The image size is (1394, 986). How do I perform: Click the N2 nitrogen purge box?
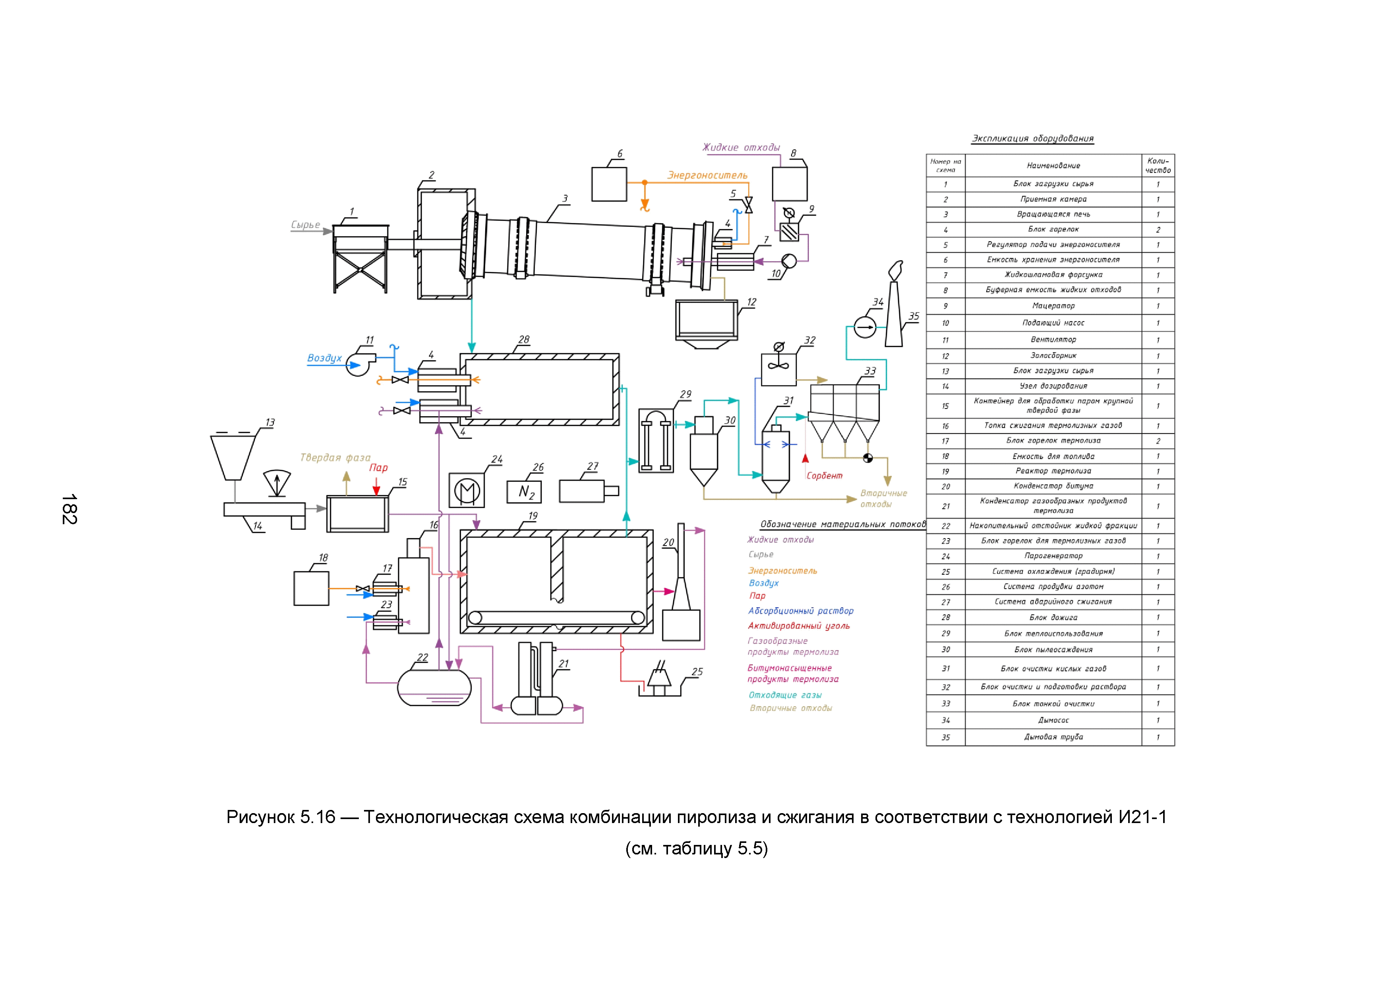(x=524, y=492)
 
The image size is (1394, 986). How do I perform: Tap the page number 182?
(x=69, y=509)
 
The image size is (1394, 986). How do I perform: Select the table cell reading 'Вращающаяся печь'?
(x=1053, y=214)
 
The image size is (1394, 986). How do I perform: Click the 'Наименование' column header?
(x=1053, y=165)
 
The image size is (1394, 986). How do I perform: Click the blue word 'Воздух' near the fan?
(x=324, y=358)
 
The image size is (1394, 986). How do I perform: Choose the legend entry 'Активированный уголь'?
(x=798, y=626)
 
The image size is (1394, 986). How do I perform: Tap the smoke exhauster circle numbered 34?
(x=865, y=327)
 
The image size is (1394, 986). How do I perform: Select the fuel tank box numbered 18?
(x=312, y=588)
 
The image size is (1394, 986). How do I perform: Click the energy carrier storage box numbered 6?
(x=609, y=184)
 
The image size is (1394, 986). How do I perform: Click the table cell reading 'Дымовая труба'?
(x=1053, y=737)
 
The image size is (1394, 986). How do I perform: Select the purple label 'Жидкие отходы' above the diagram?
(x=741, y=147)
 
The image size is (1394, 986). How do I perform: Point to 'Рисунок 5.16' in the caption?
(x=281, y=817)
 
